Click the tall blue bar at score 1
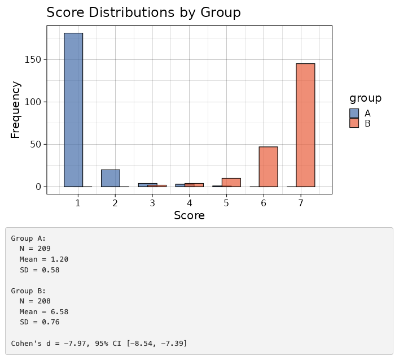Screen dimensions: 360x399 point(73,110)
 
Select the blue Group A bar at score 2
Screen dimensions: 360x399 point(111,178)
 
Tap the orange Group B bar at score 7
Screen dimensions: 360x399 point(305,125)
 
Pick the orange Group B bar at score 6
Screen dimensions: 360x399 point(268,167)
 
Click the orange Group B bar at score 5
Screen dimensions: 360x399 point(231,183)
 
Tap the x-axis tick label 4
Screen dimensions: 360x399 point(189,202)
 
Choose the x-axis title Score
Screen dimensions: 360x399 point(189,215)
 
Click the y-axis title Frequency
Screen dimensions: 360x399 point(16,110)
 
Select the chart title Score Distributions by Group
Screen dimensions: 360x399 point(143,12)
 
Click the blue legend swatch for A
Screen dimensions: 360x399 point(354,113)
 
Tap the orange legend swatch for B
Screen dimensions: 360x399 point(354,123)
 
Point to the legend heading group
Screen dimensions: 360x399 point(365,98)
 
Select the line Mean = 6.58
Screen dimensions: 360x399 point(44,312)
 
